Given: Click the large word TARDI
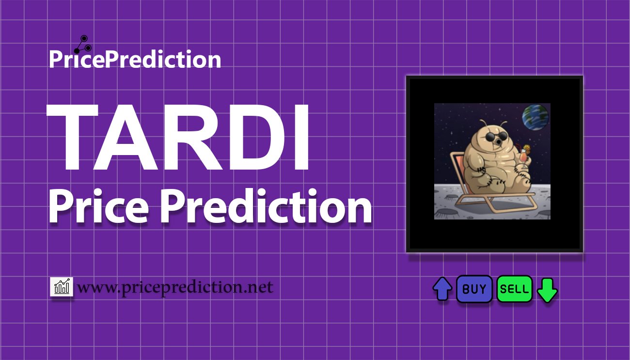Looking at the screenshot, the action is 178,137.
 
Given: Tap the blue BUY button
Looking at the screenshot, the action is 474,289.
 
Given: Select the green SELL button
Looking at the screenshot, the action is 514,289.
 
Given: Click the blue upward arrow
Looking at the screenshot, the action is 442,289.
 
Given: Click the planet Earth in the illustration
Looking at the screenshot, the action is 535,118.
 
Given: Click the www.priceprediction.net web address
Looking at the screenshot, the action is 175,287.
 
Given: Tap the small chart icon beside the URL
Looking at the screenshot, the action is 62,287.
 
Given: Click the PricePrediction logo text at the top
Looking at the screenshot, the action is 135,59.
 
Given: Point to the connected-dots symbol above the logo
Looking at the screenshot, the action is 83,45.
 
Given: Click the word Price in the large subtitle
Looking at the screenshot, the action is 99,206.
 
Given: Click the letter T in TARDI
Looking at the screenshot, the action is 73,137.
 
